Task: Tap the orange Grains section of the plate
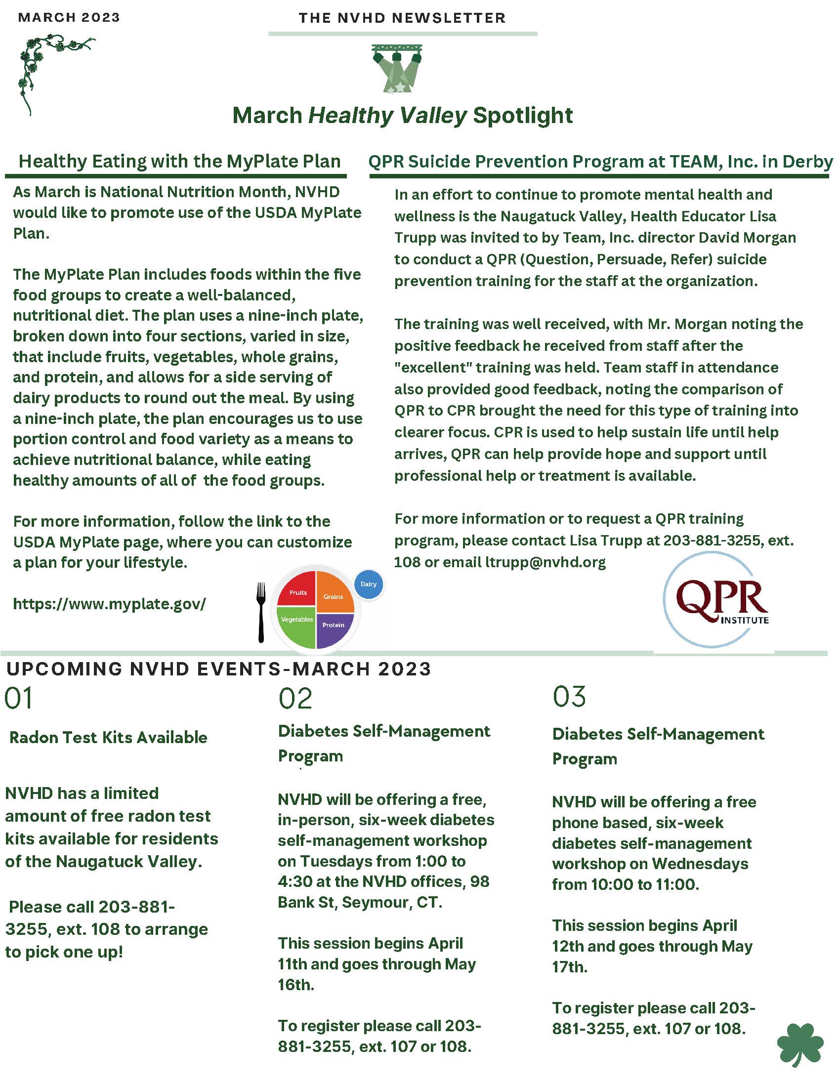pyautogui.click(x=334, y=594)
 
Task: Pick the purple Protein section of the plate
pyautogui.click(x=334, y=628)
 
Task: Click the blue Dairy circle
pyautogui.click(x=368, y=584)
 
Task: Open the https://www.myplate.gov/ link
pyautogui.click(x=110, y=604)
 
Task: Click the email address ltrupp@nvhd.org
pyautogui.click(x=546, y=562)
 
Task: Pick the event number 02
pyautogui.click(x=295, y=698)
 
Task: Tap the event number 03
pyautogui.click(x=569, y=696)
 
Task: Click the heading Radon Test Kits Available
pyautogui.click(x=109, y=737)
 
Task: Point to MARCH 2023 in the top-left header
pyautogui.click(x=69, y=18)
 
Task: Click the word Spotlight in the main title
pyautogui.click(x=522, y=116)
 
